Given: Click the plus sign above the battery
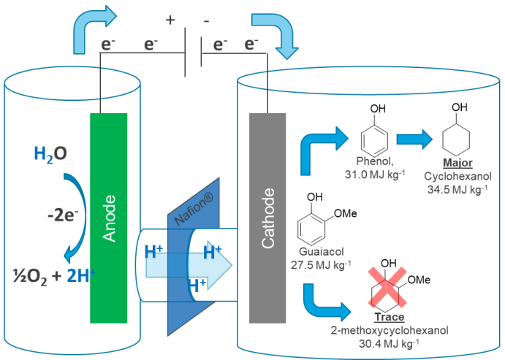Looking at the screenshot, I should click(x=170, y=20).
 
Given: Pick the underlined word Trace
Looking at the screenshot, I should click(x=389, y=318).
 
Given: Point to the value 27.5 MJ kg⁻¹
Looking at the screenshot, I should click(x=321, y=264).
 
